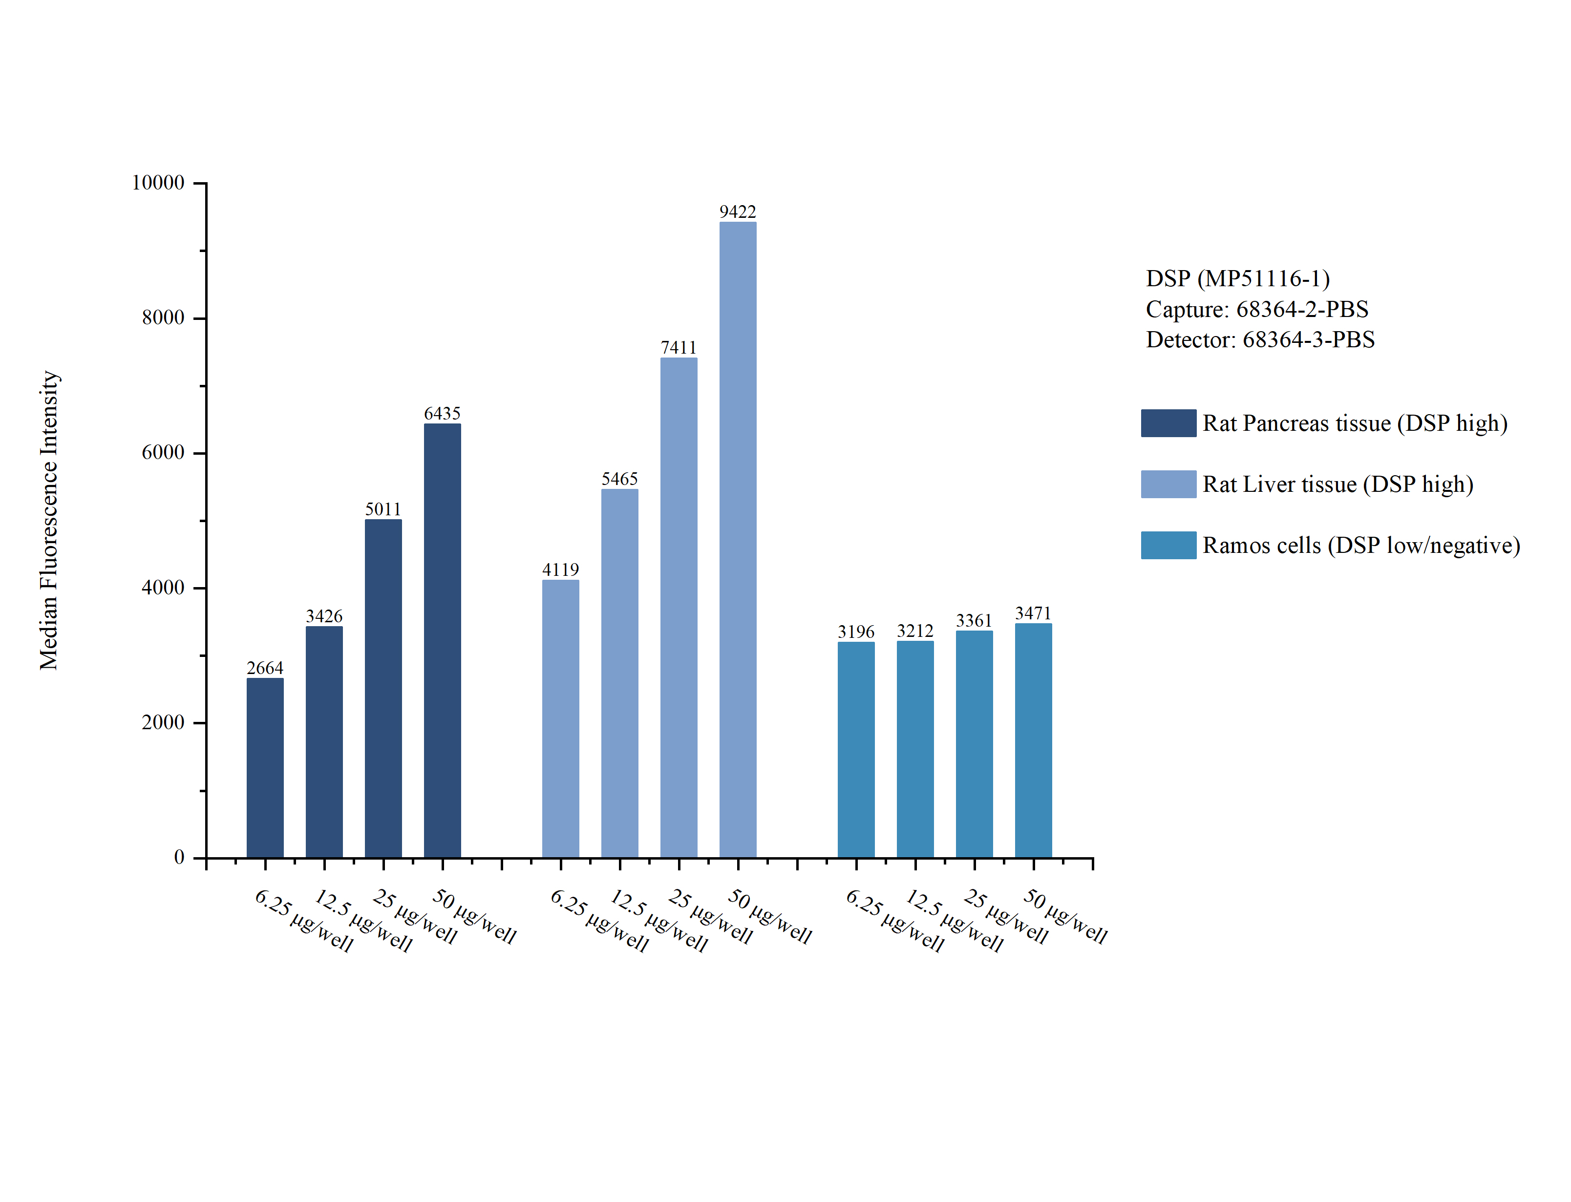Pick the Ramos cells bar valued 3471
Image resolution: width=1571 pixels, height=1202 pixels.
point(1033,740)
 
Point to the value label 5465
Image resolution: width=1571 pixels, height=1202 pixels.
point(619,479)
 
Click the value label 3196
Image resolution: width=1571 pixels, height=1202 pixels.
point(856,632)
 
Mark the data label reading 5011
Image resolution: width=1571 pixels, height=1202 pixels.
point(382,509)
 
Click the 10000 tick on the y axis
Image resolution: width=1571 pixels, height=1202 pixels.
point(158,183)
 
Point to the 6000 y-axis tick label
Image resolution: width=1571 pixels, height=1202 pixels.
point(163,453)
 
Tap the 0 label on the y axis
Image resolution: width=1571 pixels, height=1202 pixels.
point(179,857)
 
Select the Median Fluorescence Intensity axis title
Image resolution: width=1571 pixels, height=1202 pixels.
point(49,520)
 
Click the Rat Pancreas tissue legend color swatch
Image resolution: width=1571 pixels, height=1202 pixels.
point(1168,423)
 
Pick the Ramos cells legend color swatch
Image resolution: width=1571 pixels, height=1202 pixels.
point(1168,545)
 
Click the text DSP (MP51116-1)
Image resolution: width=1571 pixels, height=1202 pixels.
point(1238,278)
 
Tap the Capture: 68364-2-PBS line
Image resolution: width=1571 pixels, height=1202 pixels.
point(1256,309)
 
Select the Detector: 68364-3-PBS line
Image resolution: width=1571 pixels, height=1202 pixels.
point(1260,340)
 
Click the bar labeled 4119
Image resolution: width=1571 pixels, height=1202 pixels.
point(560,718)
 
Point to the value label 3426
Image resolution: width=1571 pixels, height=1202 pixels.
point(324,616)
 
